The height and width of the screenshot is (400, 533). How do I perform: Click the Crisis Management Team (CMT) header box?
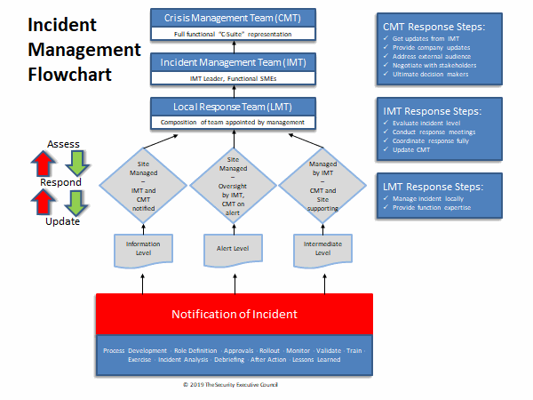224,18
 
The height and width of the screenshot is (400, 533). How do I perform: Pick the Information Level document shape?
143,245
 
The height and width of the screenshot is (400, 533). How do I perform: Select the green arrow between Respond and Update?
77,202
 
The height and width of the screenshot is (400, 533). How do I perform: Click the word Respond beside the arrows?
60,182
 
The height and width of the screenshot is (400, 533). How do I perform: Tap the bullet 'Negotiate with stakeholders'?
434,65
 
